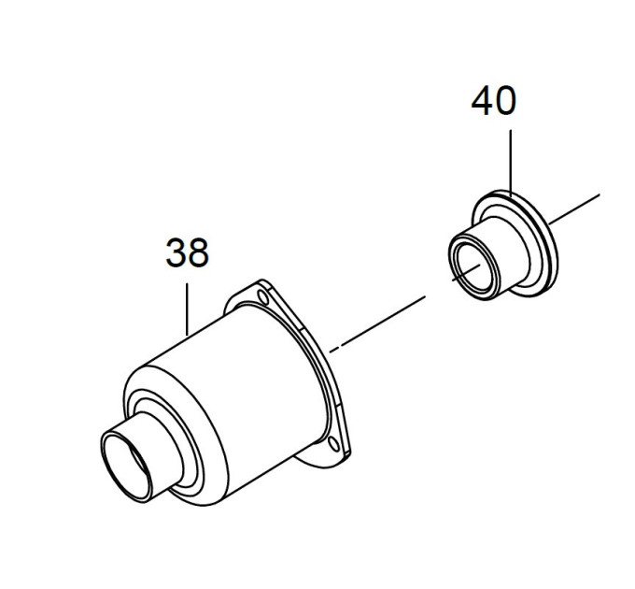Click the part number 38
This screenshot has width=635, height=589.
(187, 252)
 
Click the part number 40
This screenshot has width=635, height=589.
(494, 101)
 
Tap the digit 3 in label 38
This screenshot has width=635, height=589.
(176, 252)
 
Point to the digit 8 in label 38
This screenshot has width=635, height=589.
(198, 252)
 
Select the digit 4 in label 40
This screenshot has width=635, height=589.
(482, 101)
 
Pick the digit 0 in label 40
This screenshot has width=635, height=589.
(506, 101)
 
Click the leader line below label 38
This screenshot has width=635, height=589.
(187, 309)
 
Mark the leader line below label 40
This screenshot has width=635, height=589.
(511, 163)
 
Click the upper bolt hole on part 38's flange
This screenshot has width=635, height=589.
(263, 298)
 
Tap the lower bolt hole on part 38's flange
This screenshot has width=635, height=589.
(333, 444)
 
